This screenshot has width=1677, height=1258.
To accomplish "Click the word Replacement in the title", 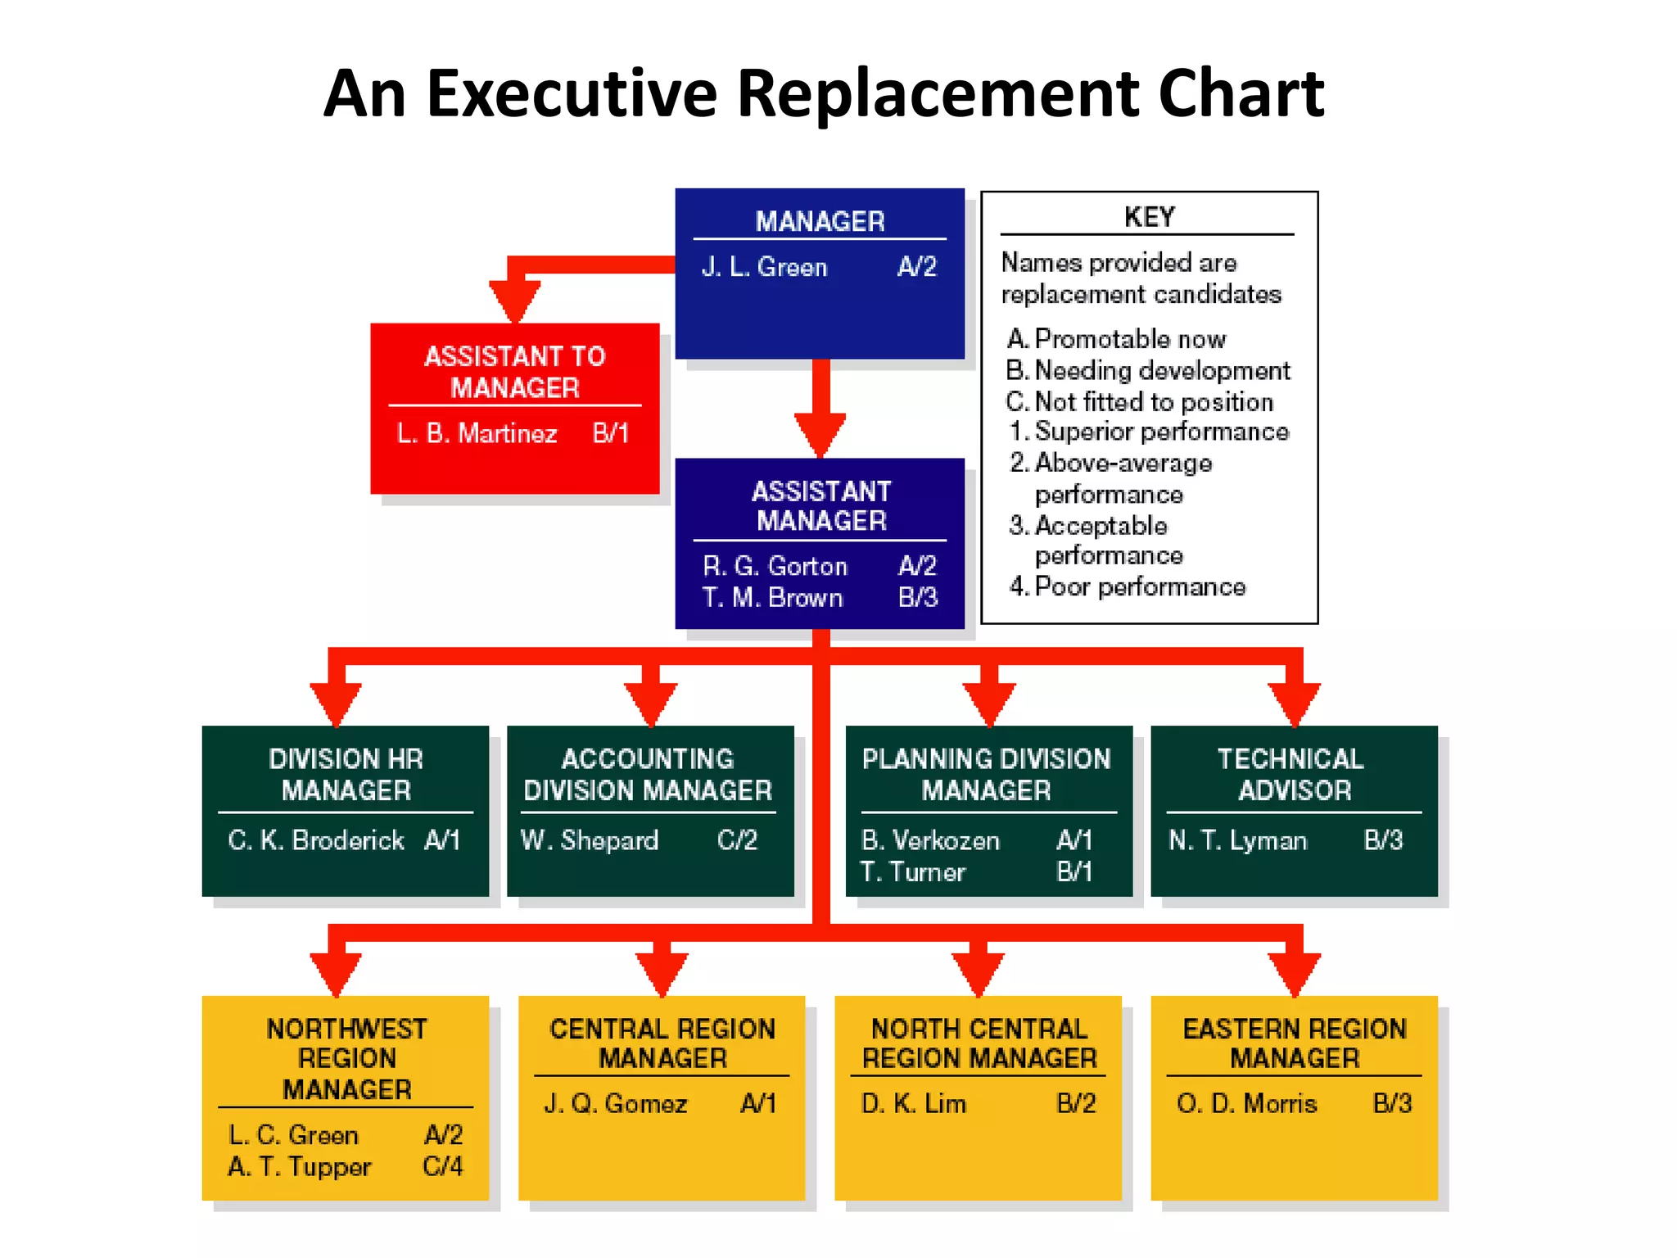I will (938, 93).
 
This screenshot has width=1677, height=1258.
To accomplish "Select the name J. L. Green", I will (764, 267).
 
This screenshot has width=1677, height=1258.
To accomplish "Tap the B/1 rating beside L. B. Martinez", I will (610, 432).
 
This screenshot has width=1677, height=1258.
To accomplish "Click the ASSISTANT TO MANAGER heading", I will (514, 372).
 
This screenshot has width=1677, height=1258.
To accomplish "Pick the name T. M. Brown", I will (772, 597).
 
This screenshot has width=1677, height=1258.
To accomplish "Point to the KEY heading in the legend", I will (1149, 217).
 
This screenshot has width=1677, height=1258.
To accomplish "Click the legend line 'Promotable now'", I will (1129, 338).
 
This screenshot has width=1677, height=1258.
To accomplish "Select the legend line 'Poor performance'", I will (1139, 586).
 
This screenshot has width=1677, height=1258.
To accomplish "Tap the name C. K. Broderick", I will (315, 839).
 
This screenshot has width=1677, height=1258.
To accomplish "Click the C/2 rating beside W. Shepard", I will (737, 839).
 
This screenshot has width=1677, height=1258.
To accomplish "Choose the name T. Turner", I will (912, 871).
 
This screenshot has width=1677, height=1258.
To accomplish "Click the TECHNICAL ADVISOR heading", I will (1293, 774).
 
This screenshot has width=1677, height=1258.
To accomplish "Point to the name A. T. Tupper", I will (299, 1166).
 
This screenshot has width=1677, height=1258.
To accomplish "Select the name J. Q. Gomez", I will (615, 1103).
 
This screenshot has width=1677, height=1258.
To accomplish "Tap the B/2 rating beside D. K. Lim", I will (1075, 1103).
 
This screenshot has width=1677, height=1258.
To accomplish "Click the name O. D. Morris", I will (1246, 1103).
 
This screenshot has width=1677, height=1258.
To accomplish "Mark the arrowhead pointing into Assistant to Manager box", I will (514, 301).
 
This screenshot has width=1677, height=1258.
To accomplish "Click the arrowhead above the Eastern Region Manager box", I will (1294, 973).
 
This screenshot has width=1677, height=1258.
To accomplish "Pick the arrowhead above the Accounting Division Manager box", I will (651, 704).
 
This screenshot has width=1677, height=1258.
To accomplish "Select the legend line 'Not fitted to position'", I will (1153, 401).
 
